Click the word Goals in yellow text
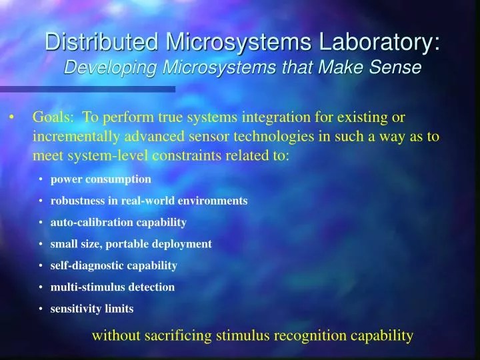click(x=53, y=118)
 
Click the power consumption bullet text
click(x=101, y=179)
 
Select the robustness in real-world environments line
click(x=149, y=201)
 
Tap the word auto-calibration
click(x=87, y=222)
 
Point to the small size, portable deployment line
click(x=131, y=244)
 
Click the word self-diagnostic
click(x=84, y=265)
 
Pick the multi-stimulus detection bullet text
click(x=112, y=287)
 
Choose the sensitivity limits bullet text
click(x=92, y=309)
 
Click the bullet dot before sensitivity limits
click(x=41, y=309)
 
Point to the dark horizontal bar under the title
click(x=87, y=88)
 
